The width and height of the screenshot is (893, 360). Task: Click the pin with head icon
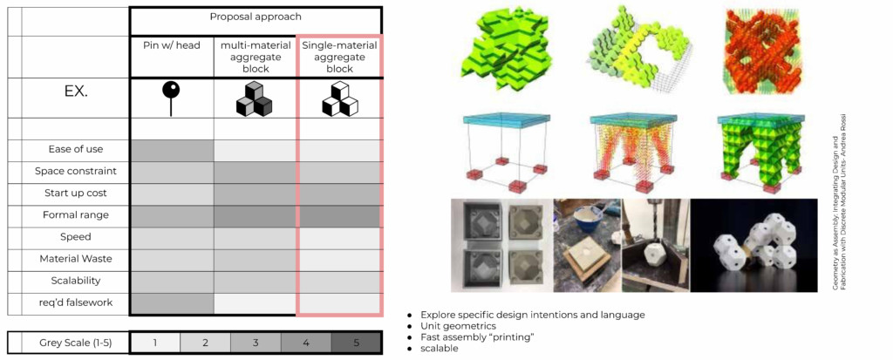[171, 98]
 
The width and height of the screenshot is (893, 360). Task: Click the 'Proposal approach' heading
[255, 17]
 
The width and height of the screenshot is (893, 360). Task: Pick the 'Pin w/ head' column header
[171, 44]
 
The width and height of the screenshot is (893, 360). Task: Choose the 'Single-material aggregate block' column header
[339, 56]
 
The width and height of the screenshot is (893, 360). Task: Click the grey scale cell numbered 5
[356, 343]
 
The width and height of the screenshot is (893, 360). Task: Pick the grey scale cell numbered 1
[154, 343]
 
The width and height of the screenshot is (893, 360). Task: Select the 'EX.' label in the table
[76, 92]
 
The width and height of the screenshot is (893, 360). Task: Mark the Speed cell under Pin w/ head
[171, 237]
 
